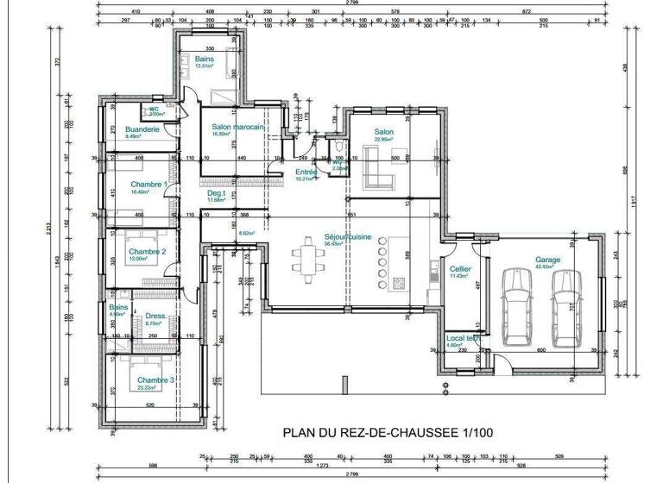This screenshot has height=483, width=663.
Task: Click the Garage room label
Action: (547, 260)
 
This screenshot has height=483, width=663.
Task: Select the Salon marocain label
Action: (237, 127)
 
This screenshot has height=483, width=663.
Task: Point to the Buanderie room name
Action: (142, 129)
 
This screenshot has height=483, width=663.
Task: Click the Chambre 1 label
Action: (147, 185)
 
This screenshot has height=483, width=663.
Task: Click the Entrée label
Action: (306, 172)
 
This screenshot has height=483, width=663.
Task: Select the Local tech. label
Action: (461, 338)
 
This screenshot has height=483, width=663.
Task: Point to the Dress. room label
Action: (155, 315)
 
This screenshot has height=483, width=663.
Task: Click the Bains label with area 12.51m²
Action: (204, 59)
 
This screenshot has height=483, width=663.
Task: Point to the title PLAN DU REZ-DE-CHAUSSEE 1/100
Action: (388, 432)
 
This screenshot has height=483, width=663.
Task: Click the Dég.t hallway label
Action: (216, 193)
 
